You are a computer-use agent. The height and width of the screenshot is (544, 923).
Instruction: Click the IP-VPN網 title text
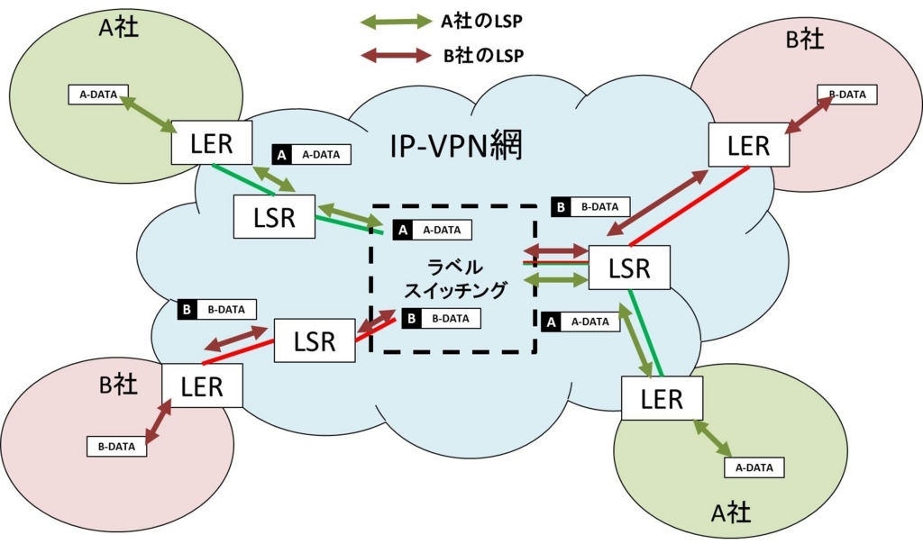(456, 145)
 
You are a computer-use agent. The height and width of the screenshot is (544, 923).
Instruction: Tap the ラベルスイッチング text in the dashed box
(455, 278)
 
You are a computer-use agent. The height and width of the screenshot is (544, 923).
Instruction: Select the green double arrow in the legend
(397, 22)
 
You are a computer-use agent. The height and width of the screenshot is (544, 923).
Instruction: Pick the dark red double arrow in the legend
(397, 55)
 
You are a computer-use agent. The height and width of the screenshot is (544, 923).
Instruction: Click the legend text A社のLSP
(481, 22)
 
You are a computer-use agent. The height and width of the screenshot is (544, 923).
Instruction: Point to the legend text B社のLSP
(483, 56)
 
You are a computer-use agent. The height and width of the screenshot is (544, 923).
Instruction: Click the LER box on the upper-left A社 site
(212, 143)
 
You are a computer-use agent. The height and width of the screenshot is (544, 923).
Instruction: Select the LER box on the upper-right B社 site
(749, 145)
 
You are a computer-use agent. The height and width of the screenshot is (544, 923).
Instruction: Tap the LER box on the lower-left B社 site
(202, 385)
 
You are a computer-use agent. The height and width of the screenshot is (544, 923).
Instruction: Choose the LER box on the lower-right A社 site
(663, 398)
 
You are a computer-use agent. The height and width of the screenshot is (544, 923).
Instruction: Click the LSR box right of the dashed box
(629, 267)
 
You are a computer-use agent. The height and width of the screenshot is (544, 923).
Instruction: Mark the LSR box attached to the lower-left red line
(315, 340)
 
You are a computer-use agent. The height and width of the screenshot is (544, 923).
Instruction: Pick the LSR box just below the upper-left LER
(274, 216)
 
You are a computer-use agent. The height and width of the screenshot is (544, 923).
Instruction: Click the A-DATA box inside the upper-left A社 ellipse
(98, 95)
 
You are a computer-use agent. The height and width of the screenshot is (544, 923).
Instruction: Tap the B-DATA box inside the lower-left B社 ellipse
(116, 447)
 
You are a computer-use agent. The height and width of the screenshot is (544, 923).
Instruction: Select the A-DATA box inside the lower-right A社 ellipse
(754, 467)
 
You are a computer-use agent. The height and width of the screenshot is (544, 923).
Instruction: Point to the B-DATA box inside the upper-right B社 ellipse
(847, 95)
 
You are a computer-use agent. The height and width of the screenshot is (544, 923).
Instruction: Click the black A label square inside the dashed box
(403, 230)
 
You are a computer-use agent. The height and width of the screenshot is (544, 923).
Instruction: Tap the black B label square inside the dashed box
(411, 319)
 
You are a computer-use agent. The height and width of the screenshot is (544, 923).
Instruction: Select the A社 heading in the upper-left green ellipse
(119, 27)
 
